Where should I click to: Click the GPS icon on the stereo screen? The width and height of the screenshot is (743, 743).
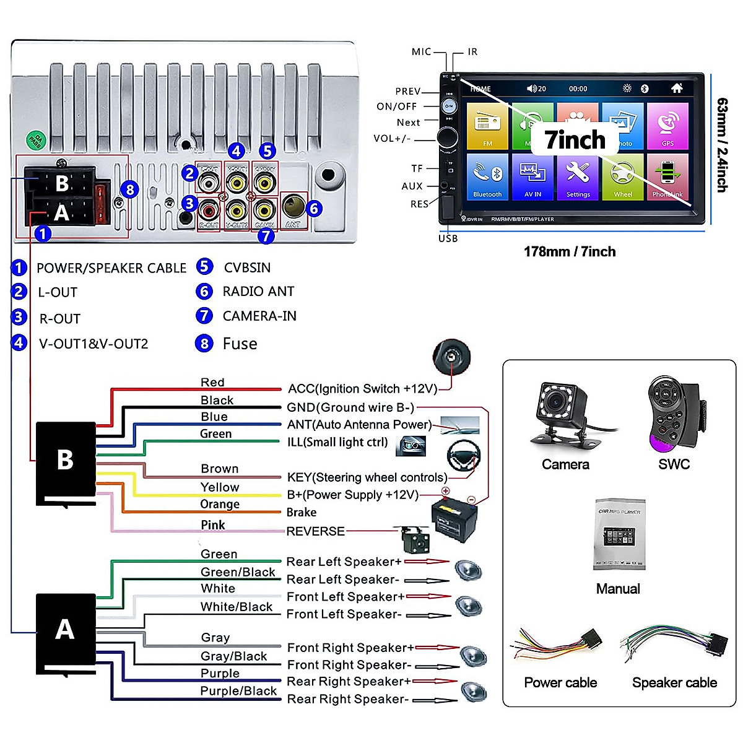pyautogui.click(x=667, y=127)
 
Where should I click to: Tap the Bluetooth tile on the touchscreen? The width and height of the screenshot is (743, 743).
pyautogui.click(x=487, y=176)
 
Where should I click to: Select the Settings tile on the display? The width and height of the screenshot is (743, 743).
pyautogui.click(x=578, y=176)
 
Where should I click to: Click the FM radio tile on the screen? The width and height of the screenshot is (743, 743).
pyautogui.click(x=487, y=127)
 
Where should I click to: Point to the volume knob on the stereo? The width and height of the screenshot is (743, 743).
pyautogui.click(x=448, y=137)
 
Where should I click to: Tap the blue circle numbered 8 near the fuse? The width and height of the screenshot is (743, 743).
pyautogui.click(x=129, y=189)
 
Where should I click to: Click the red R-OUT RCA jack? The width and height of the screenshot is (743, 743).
pyautogui.click(x=209, y=211)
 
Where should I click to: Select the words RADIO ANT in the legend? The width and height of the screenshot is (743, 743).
pyautogui.click(x=258, y=292)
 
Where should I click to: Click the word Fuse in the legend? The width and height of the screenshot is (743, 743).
pyautogui.click(x=240, y=344)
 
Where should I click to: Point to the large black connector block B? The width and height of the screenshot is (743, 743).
pyautogui.click(x=66, y=461)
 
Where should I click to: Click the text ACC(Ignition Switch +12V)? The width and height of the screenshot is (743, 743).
pyautogui.click(x=362, y=389)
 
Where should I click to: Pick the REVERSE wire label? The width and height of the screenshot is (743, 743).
pyautogui.click(x=315, y=531)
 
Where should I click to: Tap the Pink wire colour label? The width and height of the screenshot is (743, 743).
pyautogui.click(x=213, y=525)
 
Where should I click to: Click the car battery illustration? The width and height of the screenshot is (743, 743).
pyautogui.click(x=454, y=520)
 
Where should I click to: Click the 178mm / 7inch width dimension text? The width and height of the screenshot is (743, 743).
pyautogui.click(x=570, y=252)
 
